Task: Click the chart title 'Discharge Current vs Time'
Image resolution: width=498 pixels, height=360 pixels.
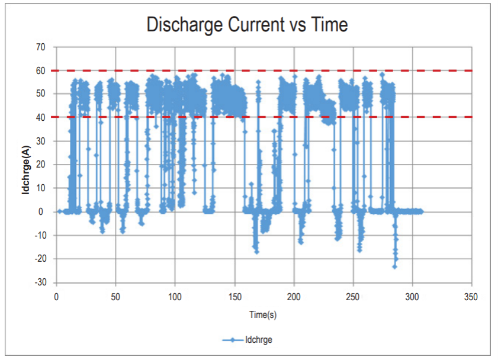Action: [x=247, y=25]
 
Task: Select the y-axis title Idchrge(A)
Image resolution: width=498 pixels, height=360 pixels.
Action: [x=27, y=164]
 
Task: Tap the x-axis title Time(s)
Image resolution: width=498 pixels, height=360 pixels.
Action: [x=263, y=315]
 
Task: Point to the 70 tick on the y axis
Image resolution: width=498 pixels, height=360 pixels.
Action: [x=41, y=47]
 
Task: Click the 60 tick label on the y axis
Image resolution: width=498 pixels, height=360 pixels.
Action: [x=41, y=70]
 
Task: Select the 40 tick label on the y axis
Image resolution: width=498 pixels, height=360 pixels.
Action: [x=41, y=117]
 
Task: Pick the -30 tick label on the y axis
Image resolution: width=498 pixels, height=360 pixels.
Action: [x=40, y=282]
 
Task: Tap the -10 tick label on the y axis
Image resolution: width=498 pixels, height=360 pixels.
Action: [x=40, y=235]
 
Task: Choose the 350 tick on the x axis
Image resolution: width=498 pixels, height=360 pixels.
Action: [x=472, y=297]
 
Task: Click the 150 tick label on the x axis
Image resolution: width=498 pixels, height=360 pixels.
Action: [x=234, y=297]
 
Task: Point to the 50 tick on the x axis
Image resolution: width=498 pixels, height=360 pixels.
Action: [x=115, y=297]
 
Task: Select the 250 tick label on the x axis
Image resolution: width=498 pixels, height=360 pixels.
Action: [x=353, y=297]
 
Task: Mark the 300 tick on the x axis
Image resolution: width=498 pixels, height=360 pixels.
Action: [x=413, y=297]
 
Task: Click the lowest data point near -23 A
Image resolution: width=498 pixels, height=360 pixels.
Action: [x=394, y=266]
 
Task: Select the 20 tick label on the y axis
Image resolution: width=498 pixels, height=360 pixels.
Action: [x=41, y=165]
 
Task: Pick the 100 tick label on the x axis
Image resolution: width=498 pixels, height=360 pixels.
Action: [x=175, y=297]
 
